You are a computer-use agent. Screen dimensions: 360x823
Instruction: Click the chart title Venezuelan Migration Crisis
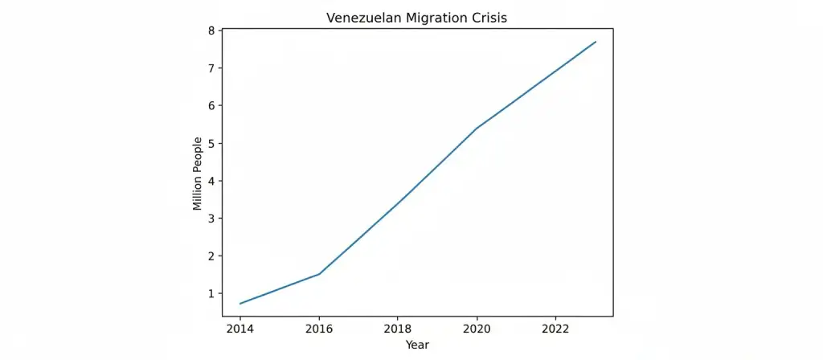click(x=418, y=17)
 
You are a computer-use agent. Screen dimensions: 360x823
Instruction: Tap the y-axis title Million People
click(x=198, y=173)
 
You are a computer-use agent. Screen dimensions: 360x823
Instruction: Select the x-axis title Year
click(x=417, y=345)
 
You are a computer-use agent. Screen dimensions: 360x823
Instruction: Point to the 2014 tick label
click(x=240, y=328)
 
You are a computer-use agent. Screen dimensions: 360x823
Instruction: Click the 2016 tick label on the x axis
click(x=319, y=328)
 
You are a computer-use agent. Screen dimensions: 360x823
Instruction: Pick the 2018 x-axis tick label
click(x=398, y=328)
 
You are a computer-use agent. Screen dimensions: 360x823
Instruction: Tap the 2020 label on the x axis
click(x=477, y=328)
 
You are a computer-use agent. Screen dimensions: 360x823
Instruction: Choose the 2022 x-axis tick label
click(x=556, y=328)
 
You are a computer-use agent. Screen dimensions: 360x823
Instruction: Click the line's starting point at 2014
click(x=240, y=304)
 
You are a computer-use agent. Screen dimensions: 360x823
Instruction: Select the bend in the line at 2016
click(x=319, y=274)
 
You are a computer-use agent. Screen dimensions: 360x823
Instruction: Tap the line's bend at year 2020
click(x=477, y=129)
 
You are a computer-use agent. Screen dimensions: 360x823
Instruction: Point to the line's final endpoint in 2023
click(x=596, y=42)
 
